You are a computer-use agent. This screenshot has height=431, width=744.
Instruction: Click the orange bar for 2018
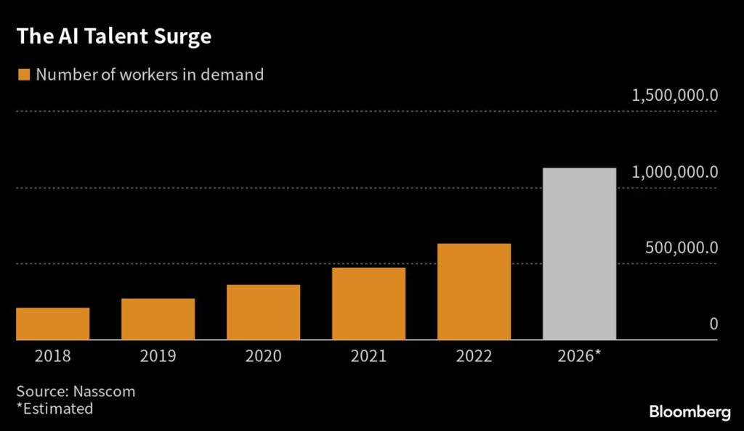[53, 324]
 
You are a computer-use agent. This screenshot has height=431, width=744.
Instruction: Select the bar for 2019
[158, 319]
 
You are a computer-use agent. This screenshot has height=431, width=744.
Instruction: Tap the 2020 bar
[263, 312]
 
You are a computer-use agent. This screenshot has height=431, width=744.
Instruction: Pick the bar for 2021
[368, 303]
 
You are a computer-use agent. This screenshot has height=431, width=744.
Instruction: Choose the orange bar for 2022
[474, 292]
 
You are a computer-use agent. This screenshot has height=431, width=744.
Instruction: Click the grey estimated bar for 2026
[579, 254]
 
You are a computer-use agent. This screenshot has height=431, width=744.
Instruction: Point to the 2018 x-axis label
[53, 356]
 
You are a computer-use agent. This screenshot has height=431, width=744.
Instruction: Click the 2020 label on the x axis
[263, 356]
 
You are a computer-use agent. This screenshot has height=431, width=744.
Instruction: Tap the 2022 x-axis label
[474, 356]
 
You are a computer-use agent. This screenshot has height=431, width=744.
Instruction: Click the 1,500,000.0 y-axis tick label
[675, 96]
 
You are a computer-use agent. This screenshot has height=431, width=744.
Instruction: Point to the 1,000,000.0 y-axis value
[675, 172]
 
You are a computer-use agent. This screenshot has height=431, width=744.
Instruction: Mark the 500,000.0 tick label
[682, 247]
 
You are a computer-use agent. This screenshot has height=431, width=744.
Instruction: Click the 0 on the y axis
[713, 324]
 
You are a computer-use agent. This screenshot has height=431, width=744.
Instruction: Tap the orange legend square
[23, 75]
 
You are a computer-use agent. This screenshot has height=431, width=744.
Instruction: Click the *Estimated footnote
[54, 409]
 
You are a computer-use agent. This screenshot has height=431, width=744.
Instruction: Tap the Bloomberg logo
[690, 412]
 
